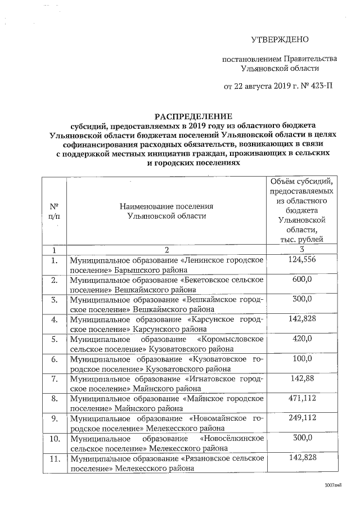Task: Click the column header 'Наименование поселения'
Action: coord(167,206)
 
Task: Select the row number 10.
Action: coord(55,438)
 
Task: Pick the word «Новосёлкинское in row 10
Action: coord(231,438)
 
